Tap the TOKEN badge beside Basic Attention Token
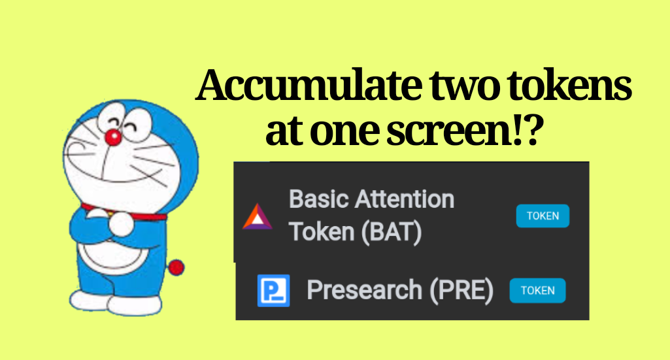coord(543,216)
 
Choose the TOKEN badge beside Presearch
coord(537,290)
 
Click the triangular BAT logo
coord(258,216)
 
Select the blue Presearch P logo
coord(273,290)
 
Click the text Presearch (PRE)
coord(400,290)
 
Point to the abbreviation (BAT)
coord(392,232)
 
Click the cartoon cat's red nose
coord(113,137)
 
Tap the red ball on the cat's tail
coord(176,267)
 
